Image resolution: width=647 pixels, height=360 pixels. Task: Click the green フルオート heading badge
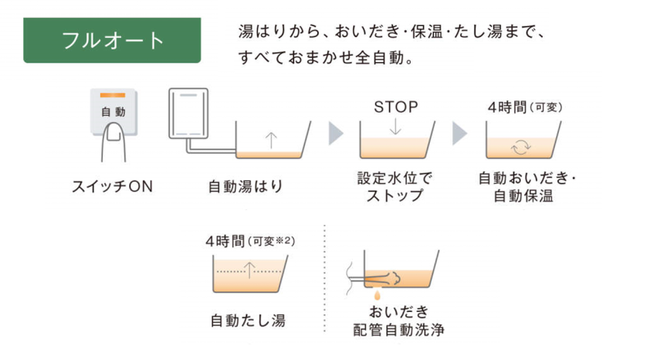point(112,39)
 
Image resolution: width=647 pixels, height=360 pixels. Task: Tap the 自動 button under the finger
point(113,110)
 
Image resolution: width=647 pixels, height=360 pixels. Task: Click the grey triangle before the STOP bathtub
point(335,133)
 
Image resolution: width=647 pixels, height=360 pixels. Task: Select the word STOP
point(395,107)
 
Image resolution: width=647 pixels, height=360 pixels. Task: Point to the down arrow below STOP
point(395,126)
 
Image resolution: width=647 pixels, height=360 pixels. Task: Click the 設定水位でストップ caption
point(395,187)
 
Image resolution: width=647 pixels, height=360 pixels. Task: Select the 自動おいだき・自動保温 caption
point(527,187)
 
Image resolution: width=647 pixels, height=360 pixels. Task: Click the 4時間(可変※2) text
point(250,241)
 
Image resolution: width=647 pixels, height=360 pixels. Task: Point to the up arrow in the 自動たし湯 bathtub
point(249,270)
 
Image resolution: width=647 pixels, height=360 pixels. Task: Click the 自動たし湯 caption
point(248,319)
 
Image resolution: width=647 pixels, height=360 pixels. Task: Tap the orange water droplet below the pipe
point(376,294)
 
